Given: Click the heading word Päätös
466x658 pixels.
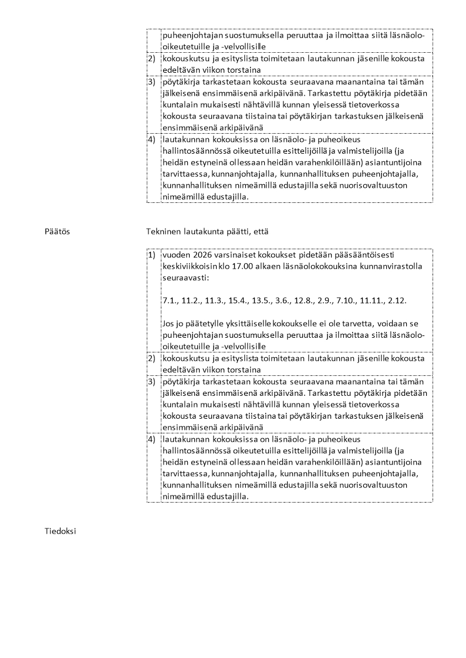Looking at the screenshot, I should point(57,232).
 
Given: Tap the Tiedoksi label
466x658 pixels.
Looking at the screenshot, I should point(60,531).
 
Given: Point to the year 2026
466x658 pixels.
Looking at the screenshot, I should point(201,256).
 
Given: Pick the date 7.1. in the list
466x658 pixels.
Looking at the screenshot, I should point(170,300).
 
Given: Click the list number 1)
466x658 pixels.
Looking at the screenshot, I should point(151,256).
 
